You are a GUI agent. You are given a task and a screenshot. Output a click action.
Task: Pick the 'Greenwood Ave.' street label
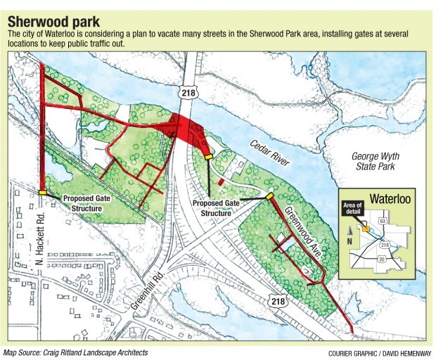304,231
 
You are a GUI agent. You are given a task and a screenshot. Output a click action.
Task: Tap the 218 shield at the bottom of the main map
276,301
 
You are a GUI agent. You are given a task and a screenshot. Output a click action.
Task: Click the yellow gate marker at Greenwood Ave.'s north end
269,196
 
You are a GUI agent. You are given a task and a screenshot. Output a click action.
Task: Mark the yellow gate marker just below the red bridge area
208,157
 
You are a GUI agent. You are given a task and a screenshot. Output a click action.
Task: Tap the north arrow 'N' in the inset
347,240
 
